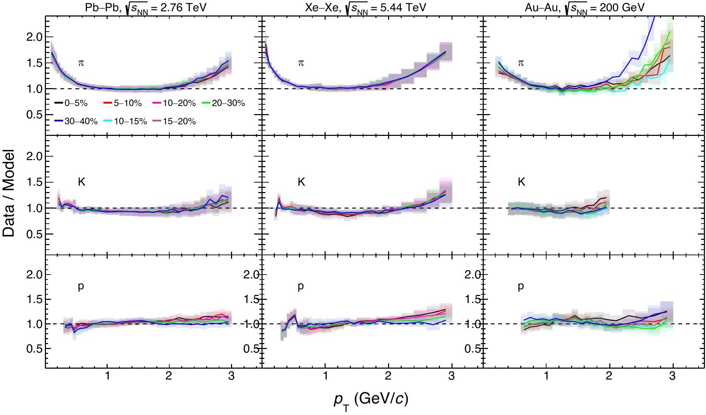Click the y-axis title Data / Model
[9, 193]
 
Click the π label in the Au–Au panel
[521, 63]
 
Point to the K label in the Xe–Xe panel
[301, 182]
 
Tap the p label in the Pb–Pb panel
[81, 286]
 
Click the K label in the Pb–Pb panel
[81, 182]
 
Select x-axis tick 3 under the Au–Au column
[672, 376]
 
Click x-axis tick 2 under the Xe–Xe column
[388, 376]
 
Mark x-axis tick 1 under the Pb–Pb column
[107, 376]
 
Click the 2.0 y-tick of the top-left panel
[34, 37]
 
